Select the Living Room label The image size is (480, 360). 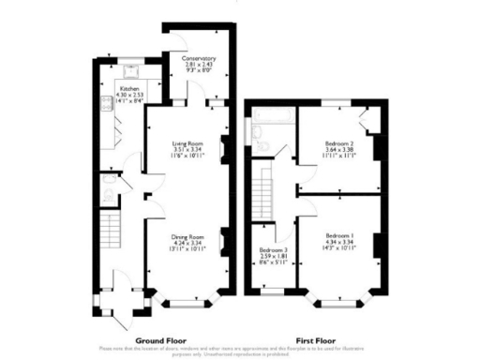(187, 142)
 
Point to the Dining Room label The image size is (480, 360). (187, 237)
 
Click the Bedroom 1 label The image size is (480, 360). (338, 234)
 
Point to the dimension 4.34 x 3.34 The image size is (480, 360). (338, 242)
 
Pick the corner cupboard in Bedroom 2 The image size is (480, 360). (369, 117)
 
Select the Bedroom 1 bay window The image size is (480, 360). (338, 302)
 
